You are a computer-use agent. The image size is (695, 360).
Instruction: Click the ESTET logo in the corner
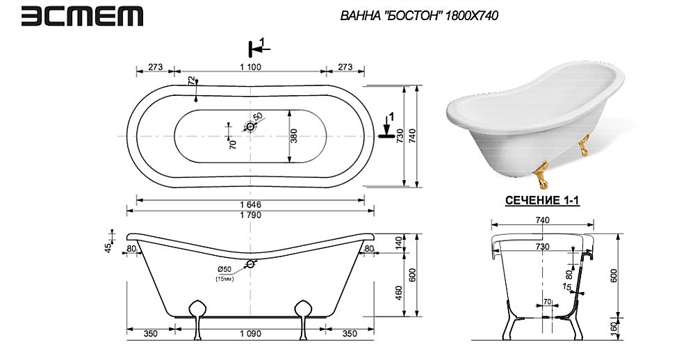tap(82, 17)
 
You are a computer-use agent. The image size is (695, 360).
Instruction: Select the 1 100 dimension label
tap(250, 67)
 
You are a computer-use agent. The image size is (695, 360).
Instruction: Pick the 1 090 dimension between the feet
tap(250, 334)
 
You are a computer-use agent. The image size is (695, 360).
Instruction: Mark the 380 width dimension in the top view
tap(294, 136)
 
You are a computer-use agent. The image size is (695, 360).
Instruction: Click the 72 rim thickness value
tap(191, 81)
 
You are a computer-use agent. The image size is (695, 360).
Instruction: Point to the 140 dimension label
tap(398, 243)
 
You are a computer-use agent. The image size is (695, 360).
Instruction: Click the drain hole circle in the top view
tap(250, 126)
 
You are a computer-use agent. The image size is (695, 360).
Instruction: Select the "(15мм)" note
tap(224, 279)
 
